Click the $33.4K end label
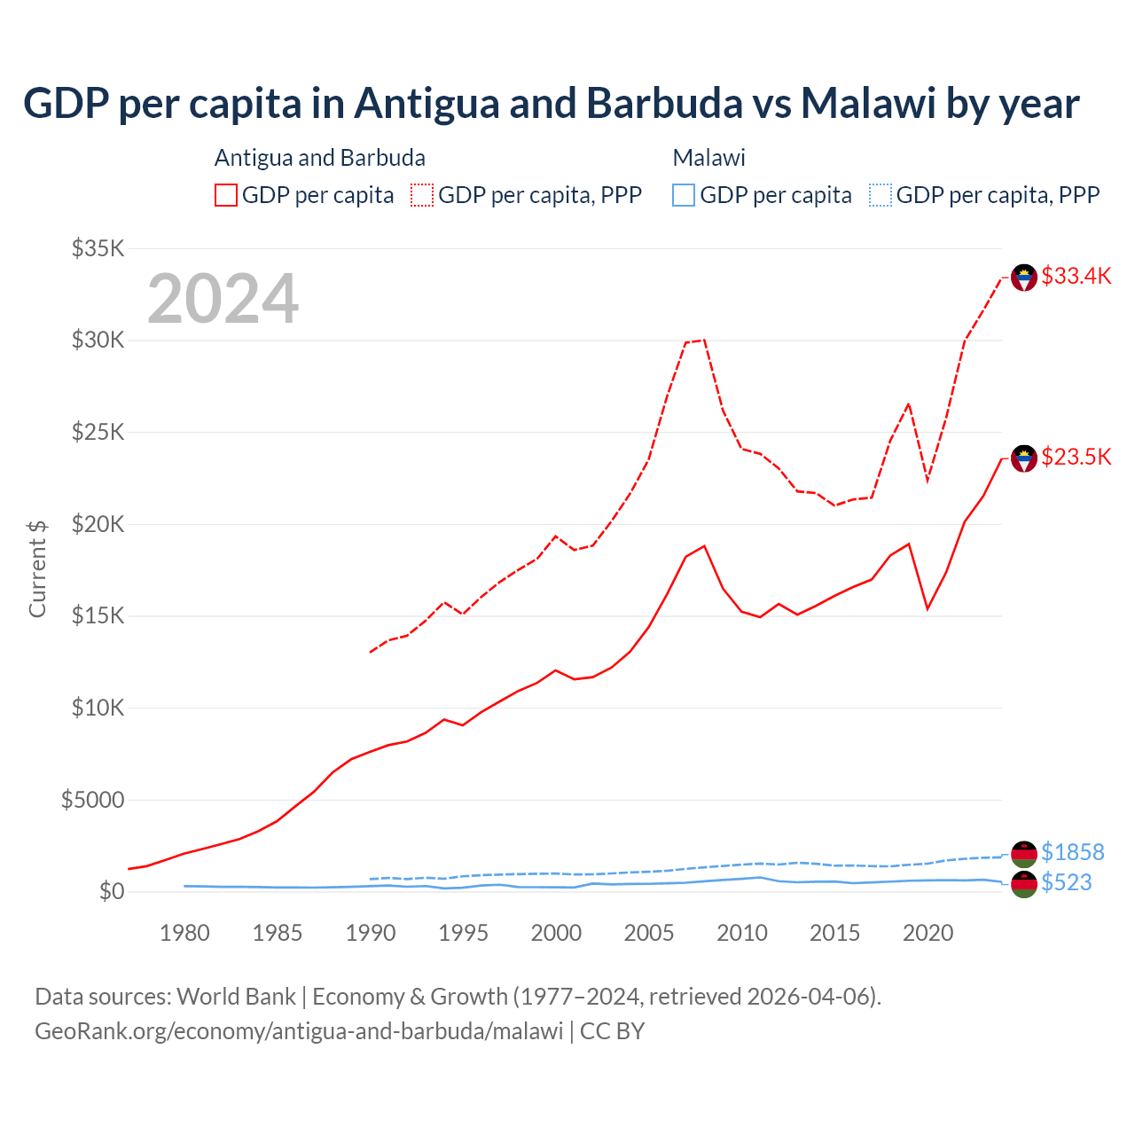coord(1076,276)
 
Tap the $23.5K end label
coord(1076,457)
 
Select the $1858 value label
coord(1072,852)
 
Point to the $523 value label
coord(1066,882)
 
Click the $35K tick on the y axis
coord(98,248)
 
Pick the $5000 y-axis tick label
coord(92,800)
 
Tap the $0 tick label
coord(111,891)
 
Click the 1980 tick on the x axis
coord(184,933)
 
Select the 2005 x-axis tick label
coord(649,933)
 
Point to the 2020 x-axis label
coord(928,933)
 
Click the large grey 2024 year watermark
coord(223,299)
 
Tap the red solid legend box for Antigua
coord(226,195)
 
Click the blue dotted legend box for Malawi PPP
coord(881,195)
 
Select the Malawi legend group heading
coord(708,158)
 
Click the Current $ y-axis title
coord(37,568)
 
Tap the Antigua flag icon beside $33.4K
coord(1024,278)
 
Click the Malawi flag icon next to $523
coord(1024,884)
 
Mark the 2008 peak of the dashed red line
coord(704,340)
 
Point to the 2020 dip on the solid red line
coord(928,608)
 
